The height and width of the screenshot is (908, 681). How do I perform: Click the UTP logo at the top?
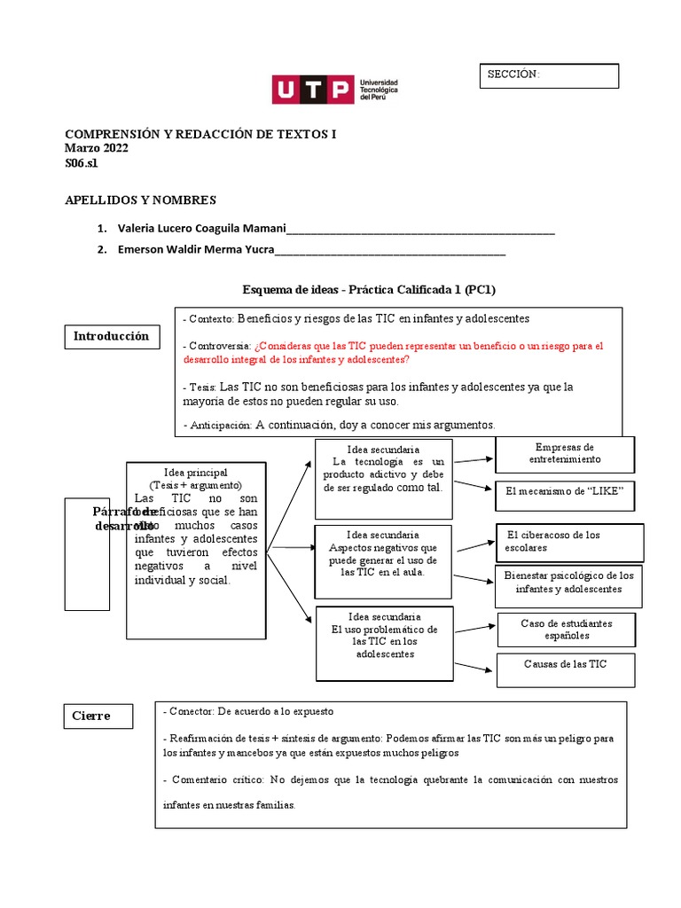pyautogui.click(x=334, y=90)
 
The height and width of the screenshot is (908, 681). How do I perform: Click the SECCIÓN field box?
pyautogui.click(x=550, y=75)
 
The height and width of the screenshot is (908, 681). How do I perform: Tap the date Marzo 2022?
pyautogui.click(x=97, y=149)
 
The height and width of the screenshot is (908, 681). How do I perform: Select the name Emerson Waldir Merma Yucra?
pyautogui.click(x=196, y=249)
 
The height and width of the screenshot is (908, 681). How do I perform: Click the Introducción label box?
pyautogui.click(x=111, y=337)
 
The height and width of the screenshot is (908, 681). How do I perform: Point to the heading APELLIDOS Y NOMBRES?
pyautogui.click(x=141, y=200)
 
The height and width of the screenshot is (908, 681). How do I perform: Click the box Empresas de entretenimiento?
pyautogui.click(x=564, y=454)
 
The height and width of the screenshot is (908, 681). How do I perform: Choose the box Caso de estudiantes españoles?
pyautogui.click(x=567, y=630)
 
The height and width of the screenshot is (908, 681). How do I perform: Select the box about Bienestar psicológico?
pyautogui.click(x=568, y=583)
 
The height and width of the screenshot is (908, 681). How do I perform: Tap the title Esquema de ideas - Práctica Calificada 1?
pyautogui.click(x=375, y=290)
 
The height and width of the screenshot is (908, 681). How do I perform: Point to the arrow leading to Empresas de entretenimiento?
pyautogui.click(x=473, y=459)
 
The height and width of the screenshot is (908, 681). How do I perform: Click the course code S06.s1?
pyautogui.click(x=82, y=164)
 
